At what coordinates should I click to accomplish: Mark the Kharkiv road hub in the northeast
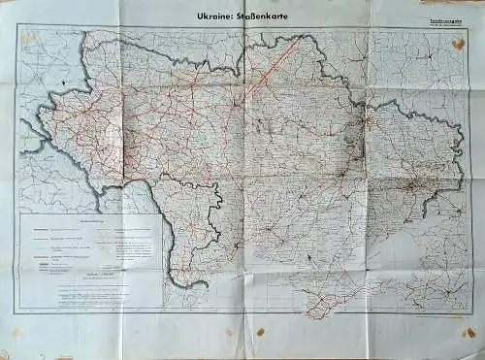click(367, 121)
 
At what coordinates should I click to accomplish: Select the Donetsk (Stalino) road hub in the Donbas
click(411, 184)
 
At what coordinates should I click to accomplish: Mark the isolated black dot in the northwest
click(64, 85)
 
